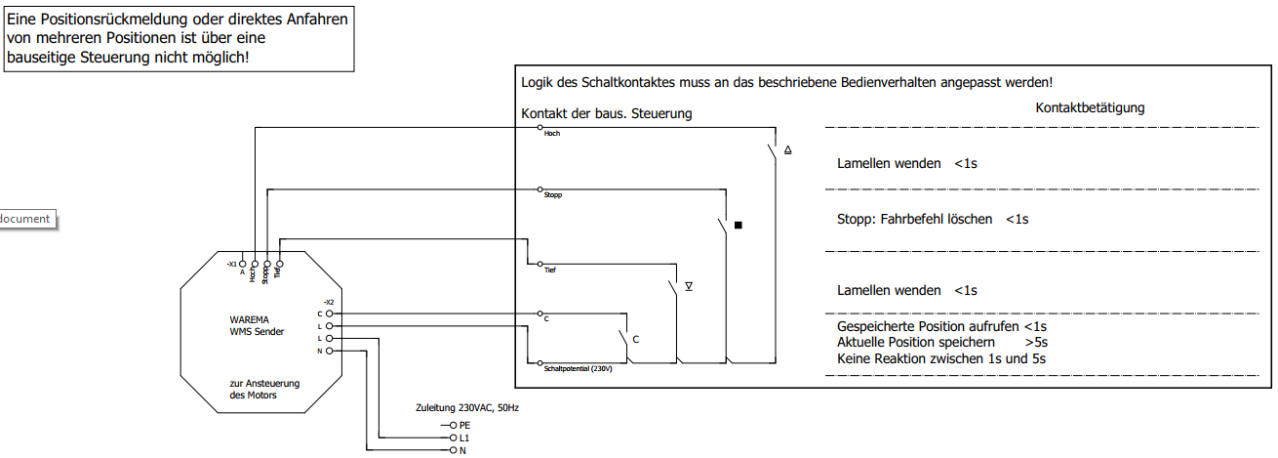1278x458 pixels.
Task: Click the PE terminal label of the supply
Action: pyautogui.click(x=464, y=426)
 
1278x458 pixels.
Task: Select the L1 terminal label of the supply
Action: pyautogui.click(x=464, y=438)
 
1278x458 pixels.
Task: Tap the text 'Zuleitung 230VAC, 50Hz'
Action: pyautogui.click(x=466, y=407)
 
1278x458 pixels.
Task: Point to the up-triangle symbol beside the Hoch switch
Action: pyautogui.click(x=788, y=150)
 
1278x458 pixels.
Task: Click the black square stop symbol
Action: pyautogui.click(x=739, y=226)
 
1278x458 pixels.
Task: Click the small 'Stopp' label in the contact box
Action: pyautogui.click(x=553, y=195)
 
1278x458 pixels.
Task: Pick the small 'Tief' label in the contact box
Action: pyautogui.click(x=550, y=266)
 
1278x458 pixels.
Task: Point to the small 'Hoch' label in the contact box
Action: pyautogui.click(x=552, y=133)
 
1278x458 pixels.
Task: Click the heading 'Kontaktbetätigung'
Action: pyautogui.click(x=1090, y=107)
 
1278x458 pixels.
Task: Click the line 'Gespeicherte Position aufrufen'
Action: pyautogui.click(x=929, y=326)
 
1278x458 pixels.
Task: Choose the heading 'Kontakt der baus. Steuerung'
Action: pyautogui.click(x=606, y=113)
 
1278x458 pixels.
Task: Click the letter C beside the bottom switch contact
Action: pyautogui.click(x=636, y=340)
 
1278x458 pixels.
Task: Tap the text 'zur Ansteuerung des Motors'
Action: pyautogui.click(x=264, y=389)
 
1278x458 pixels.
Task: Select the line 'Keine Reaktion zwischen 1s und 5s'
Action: pyautogui.click(x=941, y=358)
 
